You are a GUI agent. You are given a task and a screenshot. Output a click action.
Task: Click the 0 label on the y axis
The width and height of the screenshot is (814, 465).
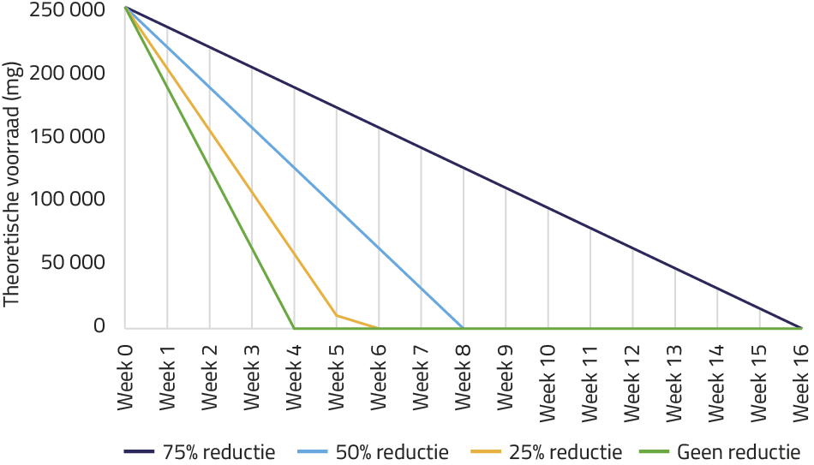(x=99, y=326)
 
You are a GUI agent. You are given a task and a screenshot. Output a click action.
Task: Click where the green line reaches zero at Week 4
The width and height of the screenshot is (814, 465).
(x=294, y=327)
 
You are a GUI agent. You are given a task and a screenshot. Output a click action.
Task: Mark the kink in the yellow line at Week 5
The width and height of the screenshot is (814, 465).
(x=336, y=315)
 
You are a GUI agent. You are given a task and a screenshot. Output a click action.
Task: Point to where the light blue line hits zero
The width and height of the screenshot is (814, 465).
(x=463, y=327)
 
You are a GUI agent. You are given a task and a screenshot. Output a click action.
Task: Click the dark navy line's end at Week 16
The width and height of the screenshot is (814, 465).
(x=801, y=327)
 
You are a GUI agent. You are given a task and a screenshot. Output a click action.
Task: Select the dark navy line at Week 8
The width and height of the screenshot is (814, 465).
(x=463, y=167)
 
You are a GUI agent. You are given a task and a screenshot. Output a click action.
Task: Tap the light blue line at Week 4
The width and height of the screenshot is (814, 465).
(x=294, y=167)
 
